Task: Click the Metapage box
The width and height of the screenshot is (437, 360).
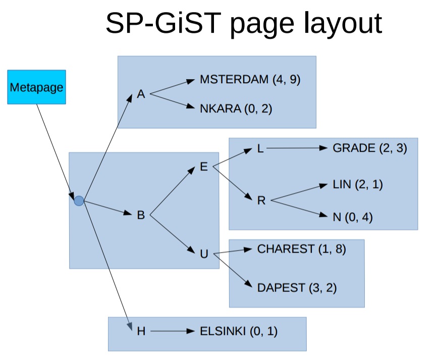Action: click(x=36, y=87)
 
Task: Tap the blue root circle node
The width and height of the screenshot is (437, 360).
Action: click(x=79, y=201)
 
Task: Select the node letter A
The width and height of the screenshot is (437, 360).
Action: click(x=141, y=94)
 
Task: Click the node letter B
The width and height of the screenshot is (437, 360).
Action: click(x=141, y=215)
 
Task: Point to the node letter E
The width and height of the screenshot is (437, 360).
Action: click(x=204, y=167)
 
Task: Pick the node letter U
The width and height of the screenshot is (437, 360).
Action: click(x=204, y=254)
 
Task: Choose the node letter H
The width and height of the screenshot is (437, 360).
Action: click(x=141, y=331)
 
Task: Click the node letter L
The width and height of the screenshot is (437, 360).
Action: click(x=260, y=149)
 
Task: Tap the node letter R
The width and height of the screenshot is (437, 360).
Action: click(x=261, y=201)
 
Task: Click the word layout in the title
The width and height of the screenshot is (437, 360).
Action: click(x=343, y=23)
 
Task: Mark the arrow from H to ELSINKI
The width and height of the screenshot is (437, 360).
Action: click(x=173, y=331)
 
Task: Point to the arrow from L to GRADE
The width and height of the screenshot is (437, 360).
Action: click(x=297, y=148)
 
